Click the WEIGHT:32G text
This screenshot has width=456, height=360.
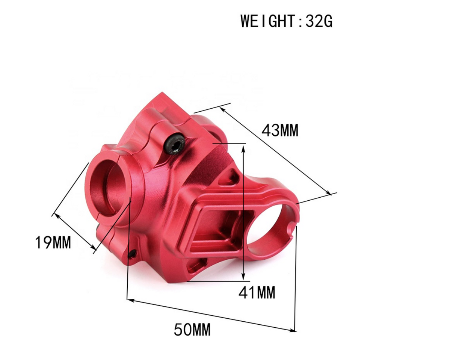286,21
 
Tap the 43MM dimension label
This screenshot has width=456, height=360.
280,131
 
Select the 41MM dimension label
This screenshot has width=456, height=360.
257,292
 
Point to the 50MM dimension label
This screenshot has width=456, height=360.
192,330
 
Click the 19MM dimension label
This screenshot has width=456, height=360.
53,242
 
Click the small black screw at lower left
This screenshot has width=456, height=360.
132,254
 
